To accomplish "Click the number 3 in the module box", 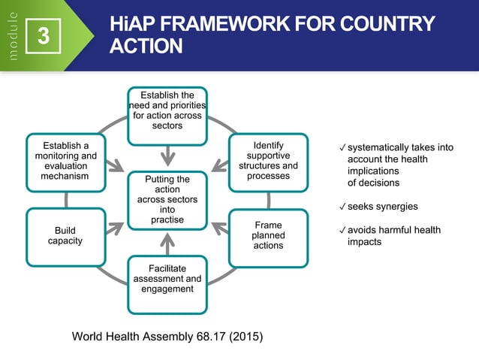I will pos(44,35).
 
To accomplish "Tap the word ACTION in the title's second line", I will pos(146,47).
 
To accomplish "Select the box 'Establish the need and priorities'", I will pos(167,114).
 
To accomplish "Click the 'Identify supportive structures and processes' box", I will pos(268,160).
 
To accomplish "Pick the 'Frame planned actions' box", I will pos(268,235).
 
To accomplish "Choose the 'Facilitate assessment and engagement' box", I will pos(167,283).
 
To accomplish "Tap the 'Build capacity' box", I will pos(65,235).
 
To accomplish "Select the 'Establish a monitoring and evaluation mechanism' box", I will pos(65,160).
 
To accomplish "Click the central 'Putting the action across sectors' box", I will pos(167,200).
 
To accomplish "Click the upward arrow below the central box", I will pos(167,243).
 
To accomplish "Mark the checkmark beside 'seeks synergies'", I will pos(342,207).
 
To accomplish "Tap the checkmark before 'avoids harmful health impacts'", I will pos(342,230).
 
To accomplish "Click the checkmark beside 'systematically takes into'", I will pos(342,147).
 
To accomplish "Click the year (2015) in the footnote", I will pos(246,336).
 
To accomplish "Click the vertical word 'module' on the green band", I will pos(11,35).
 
